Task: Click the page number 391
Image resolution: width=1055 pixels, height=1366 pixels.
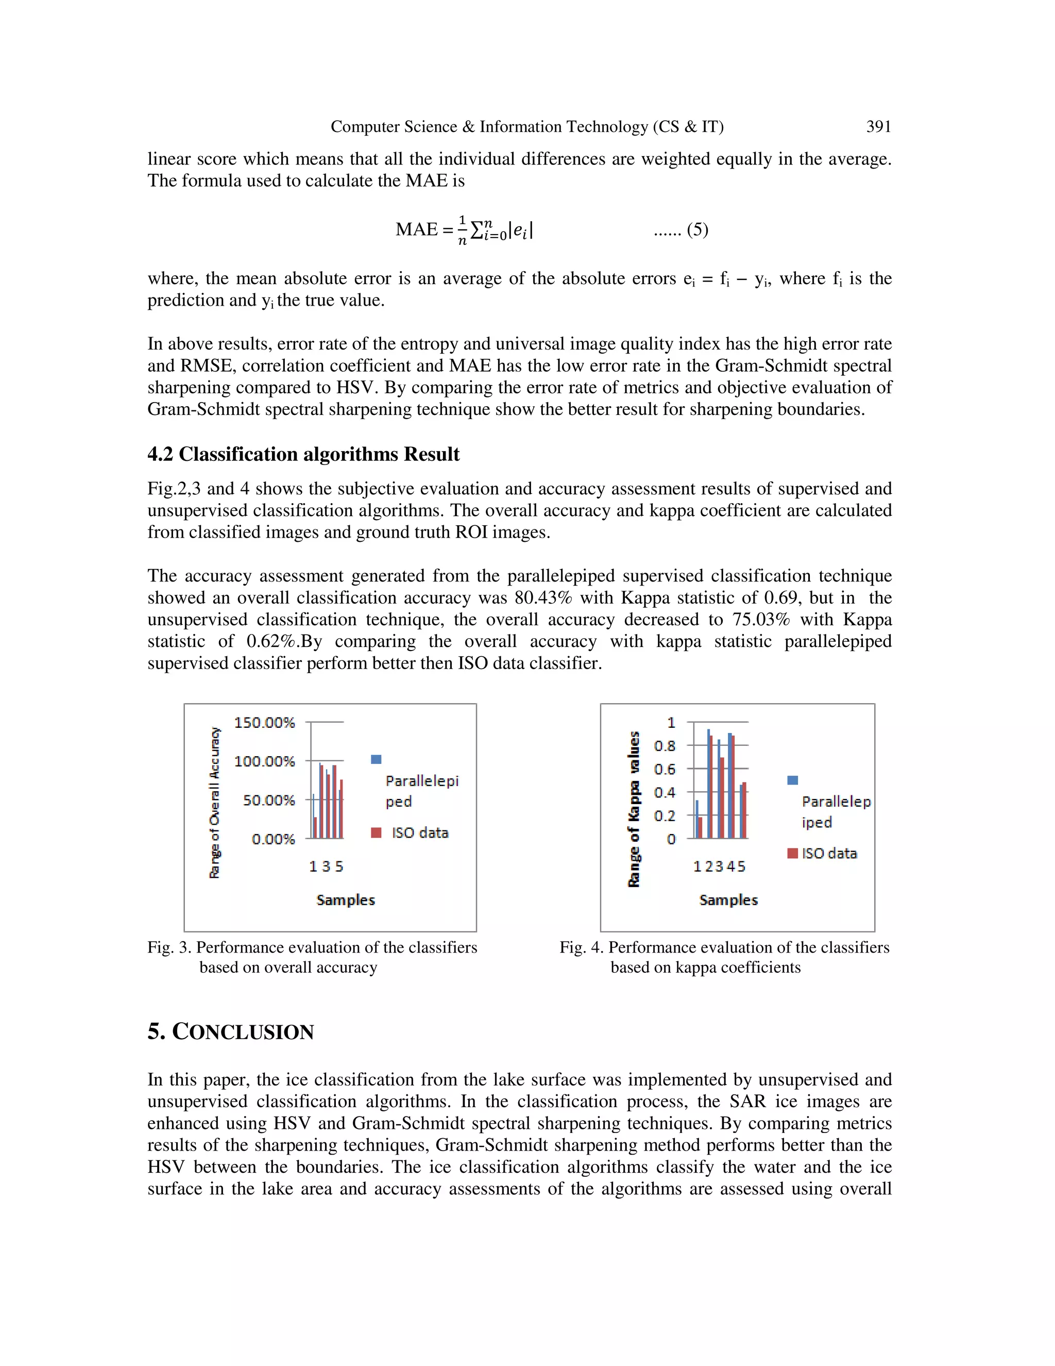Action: click(x=878, y=127)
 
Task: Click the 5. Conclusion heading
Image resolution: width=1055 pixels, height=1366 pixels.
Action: click(x=231, y=1031)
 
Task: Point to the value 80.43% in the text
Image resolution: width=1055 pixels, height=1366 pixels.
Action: click(x=543, y=598)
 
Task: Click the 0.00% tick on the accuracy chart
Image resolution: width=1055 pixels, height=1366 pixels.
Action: click(x=273, y=839)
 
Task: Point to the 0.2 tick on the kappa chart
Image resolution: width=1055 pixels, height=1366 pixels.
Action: click(x=665, y=815)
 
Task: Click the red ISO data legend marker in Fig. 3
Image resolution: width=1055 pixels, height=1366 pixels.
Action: click(x=376, y=832)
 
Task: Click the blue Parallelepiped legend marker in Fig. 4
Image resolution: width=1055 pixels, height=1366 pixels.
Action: click(x=792, y=780)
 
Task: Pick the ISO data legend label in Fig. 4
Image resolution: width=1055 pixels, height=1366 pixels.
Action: click(x=829, y=854)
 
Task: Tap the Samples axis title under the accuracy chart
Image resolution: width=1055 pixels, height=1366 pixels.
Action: click(x=346, y=900)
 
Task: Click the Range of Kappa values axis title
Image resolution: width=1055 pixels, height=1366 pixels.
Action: click(x=634, y=809)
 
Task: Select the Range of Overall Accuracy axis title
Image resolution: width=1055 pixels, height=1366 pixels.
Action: click(x=215, y=803)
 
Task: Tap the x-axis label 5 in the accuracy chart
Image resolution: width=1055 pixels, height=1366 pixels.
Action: click(x=339, y=867)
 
